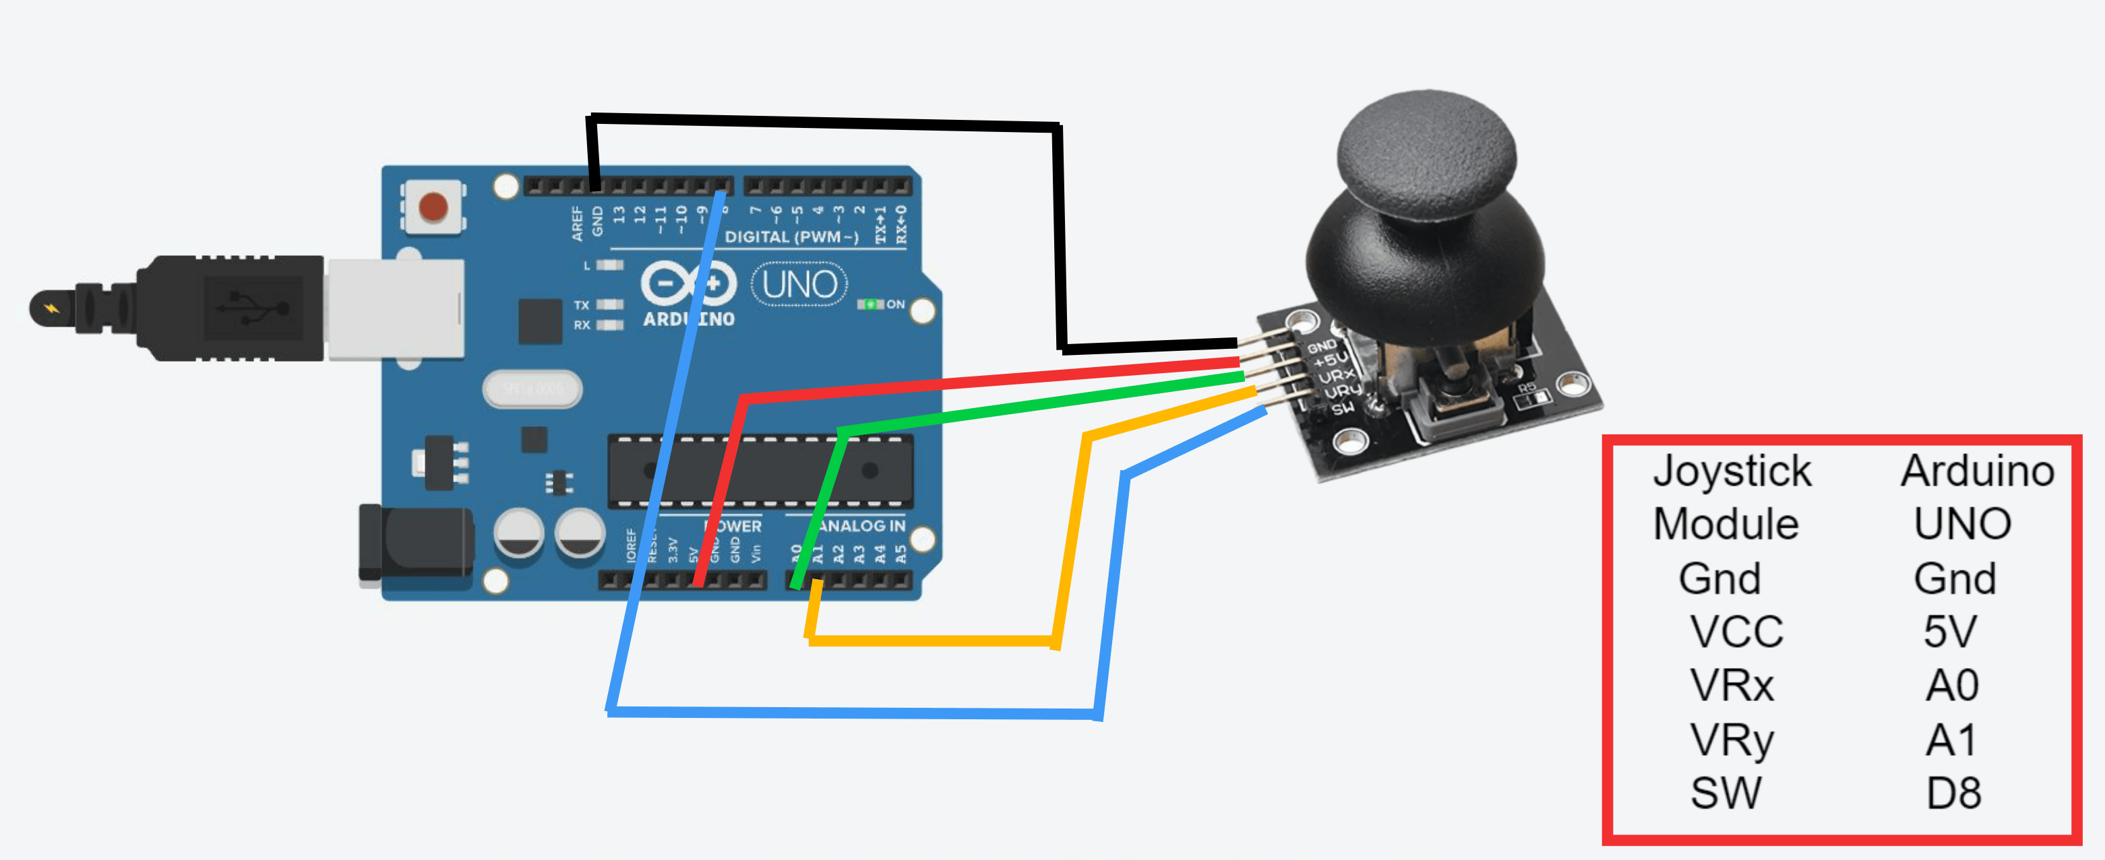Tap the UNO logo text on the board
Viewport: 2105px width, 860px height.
pyautogui.click(x=799, y=284)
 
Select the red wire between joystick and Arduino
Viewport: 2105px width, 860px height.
pyautogui.click(x=981, y=381)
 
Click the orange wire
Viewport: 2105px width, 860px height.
pyautogui.click(x=932, y=640)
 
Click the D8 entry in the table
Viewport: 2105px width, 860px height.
pyautogui.click(x=1953, y=793)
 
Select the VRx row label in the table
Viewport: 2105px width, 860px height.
pyautogui.click(x=1732, y=684)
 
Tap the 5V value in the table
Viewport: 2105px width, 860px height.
pyautogui.click(x=1950, y=631)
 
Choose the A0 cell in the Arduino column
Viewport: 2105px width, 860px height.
pyautogui.click(x=1951, y=684)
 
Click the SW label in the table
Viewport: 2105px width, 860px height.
pyautogui.click(x=1726, y=793)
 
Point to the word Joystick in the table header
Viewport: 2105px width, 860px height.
pyautogui.click(x=1732, y=471)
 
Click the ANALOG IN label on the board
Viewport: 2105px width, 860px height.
pyautogui.click(x=863, y=526)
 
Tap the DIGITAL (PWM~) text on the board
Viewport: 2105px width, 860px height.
pyautogui.click(x=791, y=237)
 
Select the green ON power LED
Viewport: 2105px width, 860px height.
pyautogui.click(x=870, y=304)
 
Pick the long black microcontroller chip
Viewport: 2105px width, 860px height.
pyautogui.click(x=760, y=471)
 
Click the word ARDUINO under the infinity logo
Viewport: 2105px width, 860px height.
pyautogui.click(x=688, y=319)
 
